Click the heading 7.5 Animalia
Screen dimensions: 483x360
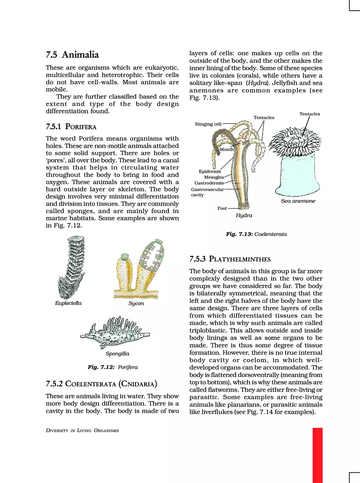(72, 54)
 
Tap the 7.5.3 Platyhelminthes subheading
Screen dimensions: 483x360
(229, 259)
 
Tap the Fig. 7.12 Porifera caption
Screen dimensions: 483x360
(112, 367)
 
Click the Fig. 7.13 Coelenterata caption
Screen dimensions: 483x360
(256, 234)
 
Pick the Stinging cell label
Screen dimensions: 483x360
(208, 124)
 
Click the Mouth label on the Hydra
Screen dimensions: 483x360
(227, 149)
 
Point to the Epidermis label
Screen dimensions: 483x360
(209, 172)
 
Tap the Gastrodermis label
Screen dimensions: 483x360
(209, 183)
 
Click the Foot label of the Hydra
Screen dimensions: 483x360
(222, 208)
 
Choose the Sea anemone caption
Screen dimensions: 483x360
(298, 201)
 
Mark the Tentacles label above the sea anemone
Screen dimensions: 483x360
(310, 114)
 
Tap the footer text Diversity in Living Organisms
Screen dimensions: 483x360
(82, 430)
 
